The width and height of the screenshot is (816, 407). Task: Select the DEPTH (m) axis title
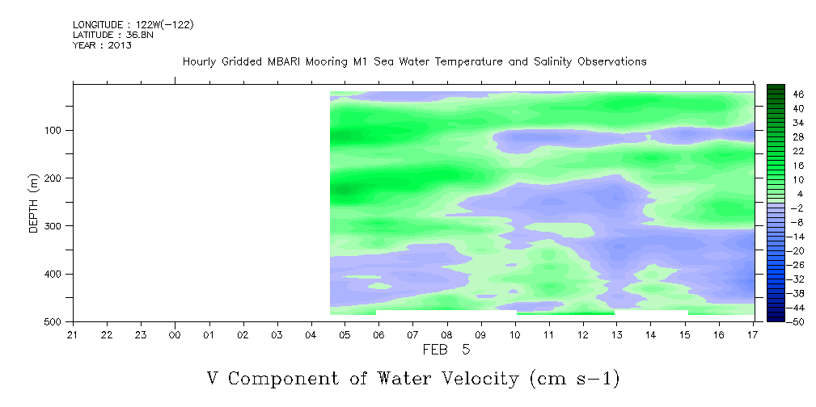pyautogui.click(x=34, y=203)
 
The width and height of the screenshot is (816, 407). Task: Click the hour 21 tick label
pyautogui.click(x=73, y=335)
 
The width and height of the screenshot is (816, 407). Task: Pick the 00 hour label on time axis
pyautogui.click(x=175, y=335)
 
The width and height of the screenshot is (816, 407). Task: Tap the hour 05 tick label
pyautogui.click(x=345, y=335)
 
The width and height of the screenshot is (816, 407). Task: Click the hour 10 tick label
pyautogui.click(x=515, y=335)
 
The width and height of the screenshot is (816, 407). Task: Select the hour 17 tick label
pyautogui.click(x=754, y=335)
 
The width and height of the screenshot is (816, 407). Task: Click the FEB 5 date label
pyautogui.click(x=446, y=350)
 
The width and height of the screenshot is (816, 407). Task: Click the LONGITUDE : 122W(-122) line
pyautogui.click(x=133, y=24)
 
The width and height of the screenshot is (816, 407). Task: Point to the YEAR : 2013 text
pyautogui.click(x=102, y=45)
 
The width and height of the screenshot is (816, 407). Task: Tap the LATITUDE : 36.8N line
pyautogui.click(x=113, y=35)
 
